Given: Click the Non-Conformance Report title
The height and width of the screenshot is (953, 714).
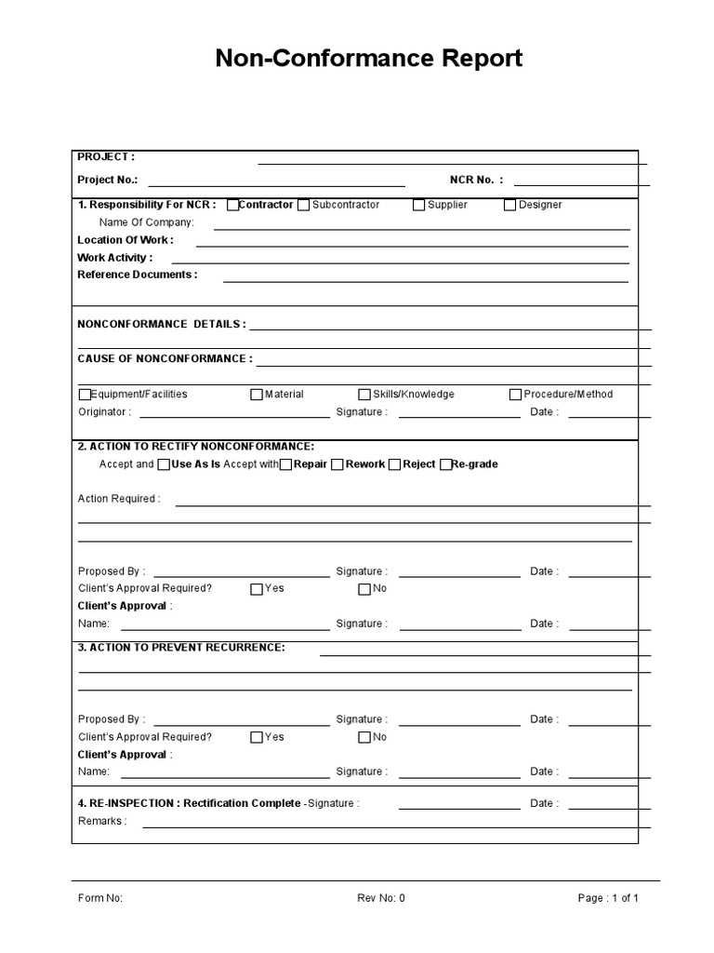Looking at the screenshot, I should tap(369, 59).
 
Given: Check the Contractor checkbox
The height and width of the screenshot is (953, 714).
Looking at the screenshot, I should tap(232, 205).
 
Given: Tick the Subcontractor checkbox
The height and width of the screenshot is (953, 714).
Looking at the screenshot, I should tap(304, 205).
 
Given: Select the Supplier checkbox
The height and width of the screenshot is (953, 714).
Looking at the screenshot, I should tap(419, 205).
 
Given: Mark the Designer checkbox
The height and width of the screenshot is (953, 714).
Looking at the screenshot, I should tap(509, 205).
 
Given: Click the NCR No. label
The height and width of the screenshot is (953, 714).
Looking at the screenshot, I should tap(476, 181).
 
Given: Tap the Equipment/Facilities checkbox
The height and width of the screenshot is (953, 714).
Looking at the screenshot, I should tap(86, 395).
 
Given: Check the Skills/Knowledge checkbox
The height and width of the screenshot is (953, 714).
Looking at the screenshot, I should tap(364, 395).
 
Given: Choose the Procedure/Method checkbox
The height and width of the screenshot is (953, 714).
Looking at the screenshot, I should tap(515, 395).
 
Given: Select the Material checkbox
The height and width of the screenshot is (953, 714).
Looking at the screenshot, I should tap(257, 395).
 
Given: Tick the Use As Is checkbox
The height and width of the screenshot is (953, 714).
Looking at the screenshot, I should tap(164, 464).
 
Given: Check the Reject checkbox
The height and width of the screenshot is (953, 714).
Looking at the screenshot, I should tap(394, 464).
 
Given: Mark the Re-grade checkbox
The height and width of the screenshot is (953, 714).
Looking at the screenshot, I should tap(445, 464).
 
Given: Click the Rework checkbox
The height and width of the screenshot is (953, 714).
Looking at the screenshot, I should tap(337, 464).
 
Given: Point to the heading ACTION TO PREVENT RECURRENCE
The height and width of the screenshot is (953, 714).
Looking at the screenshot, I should tap(181, 647).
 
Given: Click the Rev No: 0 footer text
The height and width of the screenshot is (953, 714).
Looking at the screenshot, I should tap(381, 898).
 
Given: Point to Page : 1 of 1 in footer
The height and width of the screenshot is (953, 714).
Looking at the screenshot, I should tap(608, 898).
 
